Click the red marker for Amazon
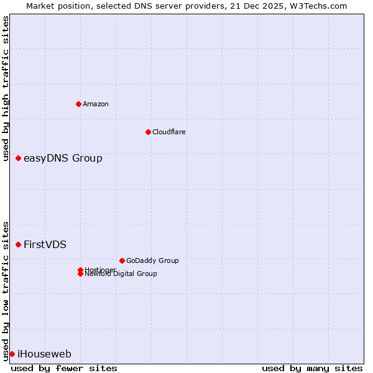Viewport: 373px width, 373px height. pyautogui.click(x=78, y=104)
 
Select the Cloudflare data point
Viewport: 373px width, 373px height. pyautogui.click(x=148, y=132)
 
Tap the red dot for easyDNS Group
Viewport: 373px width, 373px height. pyautogui.click(x=19, y=159)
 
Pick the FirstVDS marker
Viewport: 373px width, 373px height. pyautogui.click(x=19, y=244)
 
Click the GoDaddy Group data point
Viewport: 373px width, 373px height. pyautogui.click(x=122, y=260)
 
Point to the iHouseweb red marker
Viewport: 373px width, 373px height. pyautogui.click(x=12, y=354)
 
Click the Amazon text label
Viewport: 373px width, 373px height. pyautogui.click(x=96, y=104)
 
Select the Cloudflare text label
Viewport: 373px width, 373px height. pyautogui.click(x=169, y=132)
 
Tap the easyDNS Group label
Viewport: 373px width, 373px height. pyautogui.click(x=63, y=159)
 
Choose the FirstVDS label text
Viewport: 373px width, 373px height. pyautogui.click(x=45, y=244)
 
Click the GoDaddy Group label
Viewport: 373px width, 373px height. pyautogui.click(x=152, y=260)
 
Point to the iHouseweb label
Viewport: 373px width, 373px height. pyautogui.click(x=44, y=354)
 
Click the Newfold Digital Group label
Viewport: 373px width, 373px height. pyautogui.click(x=121, y=274)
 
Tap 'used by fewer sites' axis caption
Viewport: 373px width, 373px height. pyautogui.click(x=64, y=368)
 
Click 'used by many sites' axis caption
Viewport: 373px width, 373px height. pyautogui.click(x=312, y=368)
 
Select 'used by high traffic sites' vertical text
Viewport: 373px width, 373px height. pyautogui.click(x=6, y=88)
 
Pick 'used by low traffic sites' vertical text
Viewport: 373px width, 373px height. pyautogui.click(x=6, y=290)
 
